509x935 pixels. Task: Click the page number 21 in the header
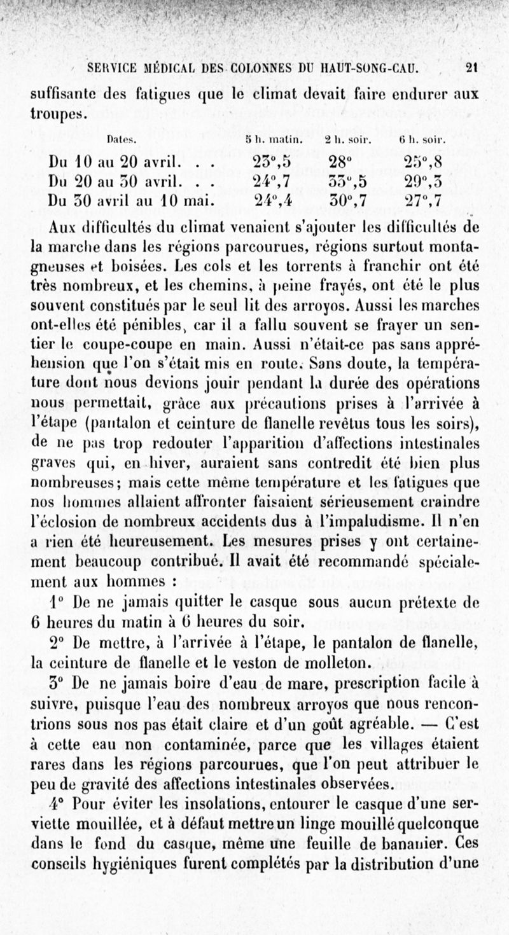[x=472, y=66]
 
